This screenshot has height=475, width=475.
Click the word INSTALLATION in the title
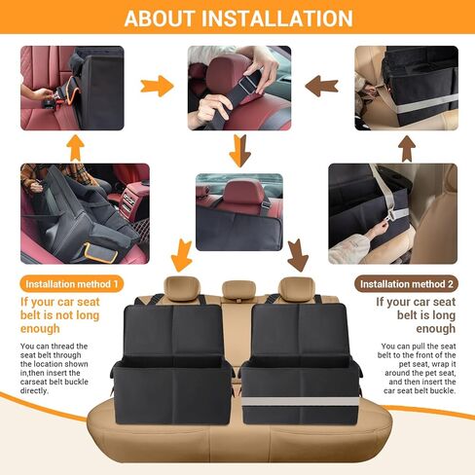tap(282, 18)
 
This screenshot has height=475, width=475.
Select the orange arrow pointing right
tap(156, 86)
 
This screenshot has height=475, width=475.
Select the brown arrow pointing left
tap(322, 86)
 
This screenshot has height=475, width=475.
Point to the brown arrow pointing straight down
tap(239, 151)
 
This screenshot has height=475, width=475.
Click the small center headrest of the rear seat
tap(237, 289)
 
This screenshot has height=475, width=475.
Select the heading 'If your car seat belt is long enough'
tap(417, 315)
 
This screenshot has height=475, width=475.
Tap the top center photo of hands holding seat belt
tap(238, 86)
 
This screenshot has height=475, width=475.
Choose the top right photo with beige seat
tap(406, 88)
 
